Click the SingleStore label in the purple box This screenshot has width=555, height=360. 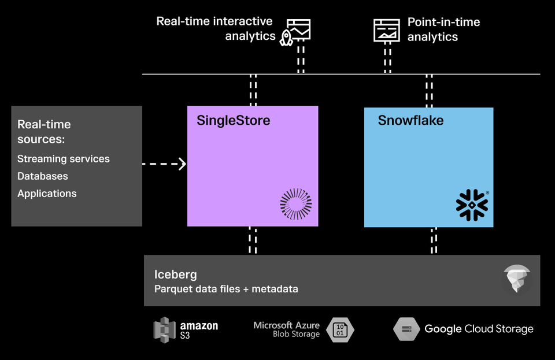(233, 121)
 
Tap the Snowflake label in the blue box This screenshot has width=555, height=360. (410, 121)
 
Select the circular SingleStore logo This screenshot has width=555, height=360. (296, 204)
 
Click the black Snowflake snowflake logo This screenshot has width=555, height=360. (471, 205)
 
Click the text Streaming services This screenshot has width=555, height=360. (64, 159)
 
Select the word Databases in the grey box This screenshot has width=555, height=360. (43, 176)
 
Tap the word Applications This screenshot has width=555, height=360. (47, 194)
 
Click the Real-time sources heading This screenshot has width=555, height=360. (44, 132)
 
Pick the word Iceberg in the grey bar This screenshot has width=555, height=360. (175, 274)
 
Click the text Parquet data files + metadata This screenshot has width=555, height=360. (226, 289)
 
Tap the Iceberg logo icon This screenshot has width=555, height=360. (516, 280)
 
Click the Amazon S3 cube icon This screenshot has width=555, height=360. (164, 329)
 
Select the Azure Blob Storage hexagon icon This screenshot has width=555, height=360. (340, 330)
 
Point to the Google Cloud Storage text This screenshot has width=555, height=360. (479, 329)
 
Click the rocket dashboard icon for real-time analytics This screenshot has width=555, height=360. (295, 32)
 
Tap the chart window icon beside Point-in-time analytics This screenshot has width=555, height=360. (387, 30)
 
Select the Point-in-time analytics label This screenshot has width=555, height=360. (443, 29)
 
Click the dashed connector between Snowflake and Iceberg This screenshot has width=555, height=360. (434, 240)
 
